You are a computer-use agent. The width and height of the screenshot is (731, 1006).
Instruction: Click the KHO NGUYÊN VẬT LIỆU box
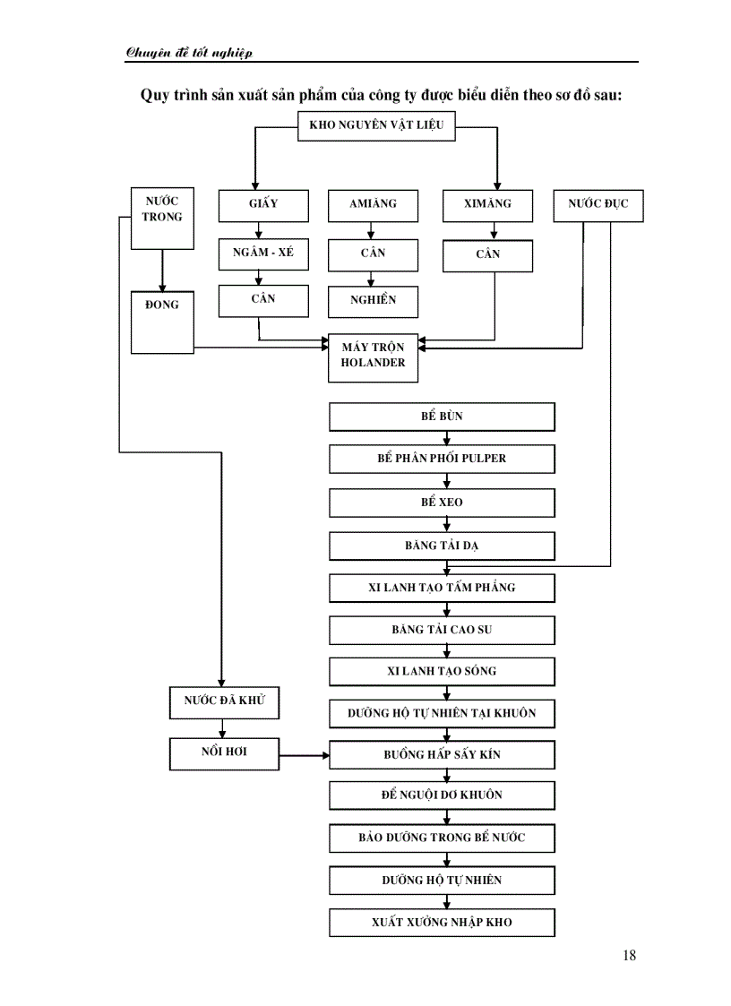(x=376, y=126)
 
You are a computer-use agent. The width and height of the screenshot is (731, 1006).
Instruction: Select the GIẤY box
(x=263, y=205)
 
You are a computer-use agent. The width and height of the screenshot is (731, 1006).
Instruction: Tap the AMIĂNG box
(x=373, y=205)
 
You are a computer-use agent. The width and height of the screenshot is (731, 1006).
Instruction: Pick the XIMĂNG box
(x=487, y=205)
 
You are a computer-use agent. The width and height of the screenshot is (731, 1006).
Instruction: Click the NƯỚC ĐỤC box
(x=598, y=205)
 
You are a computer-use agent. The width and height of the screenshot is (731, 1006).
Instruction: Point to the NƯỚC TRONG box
(x=162, y=218)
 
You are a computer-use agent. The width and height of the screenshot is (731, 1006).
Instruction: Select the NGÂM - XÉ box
(x=263, y=254)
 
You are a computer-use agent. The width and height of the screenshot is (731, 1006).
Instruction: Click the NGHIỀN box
(x=373, y=300)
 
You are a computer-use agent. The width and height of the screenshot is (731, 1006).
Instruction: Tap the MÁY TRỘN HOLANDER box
(x=373, y=357)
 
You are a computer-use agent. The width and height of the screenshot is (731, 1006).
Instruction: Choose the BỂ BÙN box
(x=442, y=417)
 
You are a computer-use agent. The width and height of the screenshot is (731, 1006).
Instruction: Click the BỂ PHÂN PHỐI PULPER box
(x=442, y=460)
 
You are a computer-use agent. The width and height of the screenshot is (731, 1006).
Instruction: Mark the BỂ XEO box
(x=442, y=503)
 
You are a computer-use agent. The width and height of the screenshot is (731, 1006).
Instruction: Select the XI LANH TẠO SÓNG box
(x=442, y=672)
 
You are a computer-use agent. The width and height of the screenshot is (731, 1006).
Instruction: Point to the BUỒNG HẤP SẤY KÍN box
(x=442, y=755)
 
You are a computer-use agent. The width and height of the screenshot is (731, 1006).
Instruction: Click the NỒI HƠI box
(x=224, y=753)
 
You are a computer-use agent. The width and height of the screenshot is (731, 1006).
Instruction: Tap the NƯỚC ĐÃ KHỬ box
(x=224, y=702)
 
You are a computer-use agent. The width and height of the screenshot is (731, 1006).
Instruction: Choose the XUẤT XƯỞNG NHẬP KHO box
(x=442, y=923)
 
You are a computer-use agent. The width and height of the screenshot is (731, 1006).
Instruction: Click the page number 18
(x=629, y=955)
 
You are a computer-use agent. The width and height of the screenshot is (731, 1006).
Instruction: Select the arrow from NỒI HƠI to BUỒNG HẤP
(x=305, y=755)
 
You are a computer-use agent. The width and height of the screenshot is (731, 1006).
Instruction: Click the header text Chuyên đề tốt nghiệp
(x=189, y=53)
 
